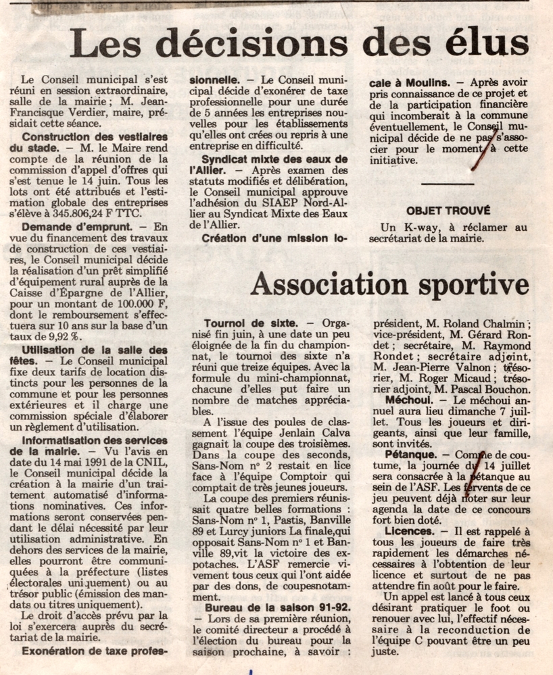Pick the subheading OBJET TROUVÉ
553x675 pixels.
[448, 211]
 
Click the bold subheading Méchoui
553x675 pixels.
[404, 399]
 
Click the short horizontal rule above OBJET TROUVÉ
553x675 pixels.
[447, 183]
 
